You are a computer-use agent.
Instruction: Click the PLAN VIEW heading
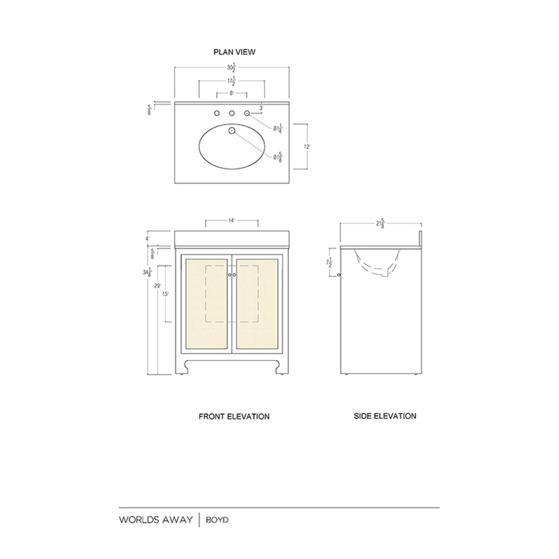pos(234,52)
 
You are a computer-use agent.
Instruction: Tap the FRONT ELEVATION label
pos(234,417)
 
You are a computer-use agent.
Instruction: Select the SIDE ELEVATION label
pos(385,416)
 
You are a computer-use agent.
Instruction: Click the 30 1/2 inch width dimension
pos(231,68)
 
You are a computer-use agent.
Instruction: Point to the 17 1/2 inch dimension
pos(232,81)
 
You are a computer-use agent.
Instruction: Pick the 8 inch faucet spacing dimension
pos(232,93)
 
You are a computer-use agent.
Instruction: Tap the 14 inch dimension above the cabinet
pos(232,221)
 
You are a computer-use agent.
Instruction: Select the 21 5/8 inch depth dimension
pos(380,224)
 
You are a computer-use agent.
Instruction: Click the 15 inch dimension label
pos(166,294)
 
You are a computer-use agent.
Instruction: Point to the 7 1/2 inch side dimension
pos(329,263)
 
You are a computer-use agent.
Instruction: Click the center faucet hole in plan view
pos(232,114)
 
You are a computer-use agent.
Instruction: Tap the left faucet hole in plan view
pos(217,114)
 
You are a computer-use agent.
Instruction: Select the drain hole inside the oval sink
pos(232,130)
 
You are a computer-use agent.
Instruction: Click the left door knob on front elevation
pos(229,275)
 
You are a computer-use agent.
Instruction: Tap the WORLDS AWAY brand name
pos(155,520)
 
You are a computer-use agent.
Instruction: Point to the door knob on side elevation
pos(339,275)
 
